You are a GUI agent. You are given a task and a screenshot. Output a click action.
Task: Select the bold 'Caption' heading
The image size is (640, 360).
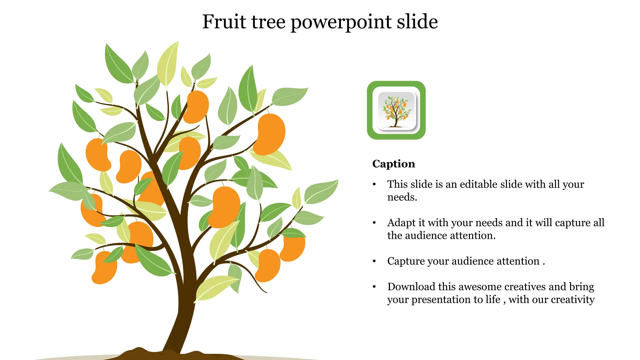[x=393, y=164]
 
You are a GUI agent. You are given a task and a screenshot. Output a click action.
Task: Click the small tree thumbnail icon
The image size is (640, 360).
[x=396, y=110]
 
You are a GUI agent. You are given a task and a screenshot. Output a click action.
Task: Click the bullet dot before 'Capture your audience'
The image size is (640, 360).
[x=374, y=261]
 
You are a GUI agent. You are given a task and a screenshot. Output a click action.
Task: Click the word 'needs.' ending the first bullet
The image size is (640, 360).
[x=402, y=197]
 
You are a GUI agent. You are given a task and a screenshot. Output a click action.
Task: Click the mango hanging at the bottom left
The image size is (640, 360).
[x=104, y=268]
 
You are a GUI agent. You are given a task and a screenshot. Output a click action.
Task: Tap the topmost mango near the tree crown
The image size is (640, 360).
[x=196, y=107]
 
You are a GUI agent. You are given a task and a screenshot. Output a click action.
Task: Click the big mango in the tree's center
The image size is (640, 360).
[x=225, y=207]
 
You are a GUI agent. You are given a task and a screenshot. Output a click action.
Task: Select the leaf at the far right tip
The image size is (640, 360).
[x=322, y=191]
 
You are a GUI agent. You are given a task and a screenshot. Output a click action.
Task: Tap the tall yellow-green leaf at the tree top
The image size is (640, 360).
[x=168, y=64]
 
